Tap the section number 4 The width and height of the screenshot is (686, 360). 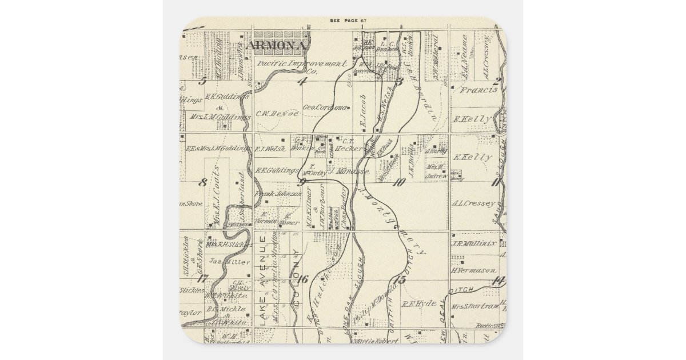(x=302, y=81)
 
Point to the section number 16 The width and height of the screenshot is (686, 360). (x=302, y=279)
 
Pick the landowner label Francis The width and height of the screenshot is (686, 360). (x=479, y=90)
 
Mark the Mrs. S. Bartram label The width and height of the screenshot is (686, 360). (x=475, y=307)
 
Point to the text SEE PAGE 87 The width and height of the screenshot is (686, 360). (x=348, y=21)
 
